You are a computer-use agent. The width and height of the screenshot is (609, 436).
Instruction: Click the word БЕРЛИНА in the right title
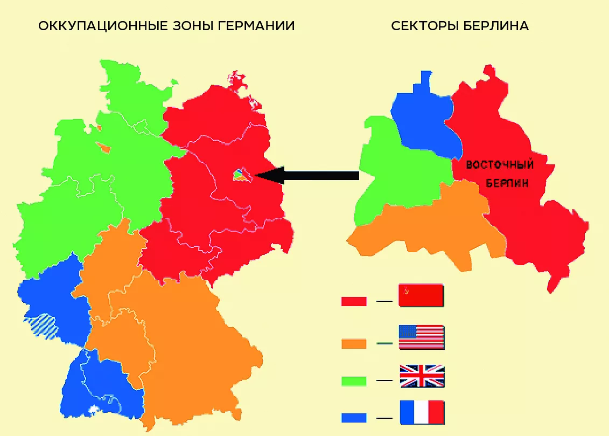click(495, 26)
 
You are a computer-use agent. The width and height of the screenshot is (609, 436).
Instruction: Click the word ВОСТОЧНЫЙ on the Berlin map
click(499, 165)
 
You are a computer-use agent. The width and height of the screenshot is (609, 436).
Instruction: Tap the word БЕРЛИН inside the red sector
click(507, 183)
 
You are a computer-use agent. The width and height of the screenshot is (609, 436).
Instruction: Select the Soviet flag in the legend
click(421, 296)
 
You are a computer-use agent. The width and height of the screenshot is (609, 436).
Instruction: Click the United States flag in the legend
click(421, 338)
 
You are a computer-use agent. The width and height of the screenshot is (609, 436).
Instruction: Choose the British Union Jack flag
click(422, 376)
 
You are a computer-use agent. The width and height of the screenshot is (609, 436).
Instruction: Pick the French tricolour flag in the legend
click(422, 413)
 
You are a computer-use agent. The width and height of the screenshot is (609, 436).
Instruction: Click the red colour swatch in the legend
click(354, 301)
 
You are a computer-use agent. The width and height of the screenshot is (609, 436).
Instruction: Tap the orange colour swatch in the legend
click(354, 343)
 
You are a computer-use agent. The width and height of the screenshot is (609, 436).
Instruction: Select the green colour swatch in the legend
click(354, 381)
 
